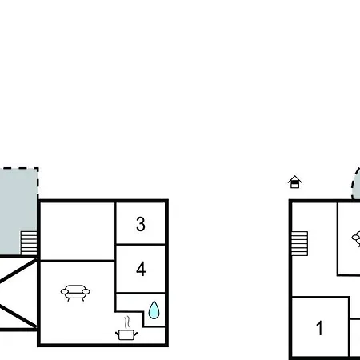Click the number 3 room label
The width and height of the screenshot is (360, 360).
141,224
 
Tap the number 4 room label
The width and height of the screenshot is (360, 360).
141,269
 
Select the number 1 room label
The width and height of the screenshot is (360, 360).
319,328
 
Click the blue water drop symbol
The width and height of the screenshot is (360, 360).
154,310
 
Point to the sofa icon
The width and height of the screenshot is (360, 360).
75,293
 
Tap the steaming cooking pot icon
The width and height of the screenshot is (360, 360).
126,328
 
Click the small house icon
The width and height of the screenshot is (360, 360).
295,182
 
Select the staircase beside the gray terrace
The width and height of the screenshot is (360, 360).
29,243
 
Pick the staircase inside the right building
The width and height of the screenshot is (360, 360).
299,243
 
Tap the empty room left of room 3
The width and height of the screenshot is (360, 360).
78,231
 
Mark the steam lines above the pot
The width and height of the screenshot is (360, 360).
127,322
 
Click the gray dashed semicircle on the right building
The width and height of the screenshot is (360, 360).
356,184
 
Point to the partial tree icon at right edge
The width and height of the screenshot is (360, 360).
356,238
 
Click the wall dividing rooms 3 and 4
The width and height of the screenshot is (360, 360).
141,244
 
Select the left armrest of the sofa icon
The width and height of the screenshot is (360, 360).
65,292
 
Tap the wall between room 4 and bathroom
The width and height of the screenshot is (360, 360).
141,293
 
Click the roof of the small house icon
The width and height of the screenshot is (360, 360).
295,178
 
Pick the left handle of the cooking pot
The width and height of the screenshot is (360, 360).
117,334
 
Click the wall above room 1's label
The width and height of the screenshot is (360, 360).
321,297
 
